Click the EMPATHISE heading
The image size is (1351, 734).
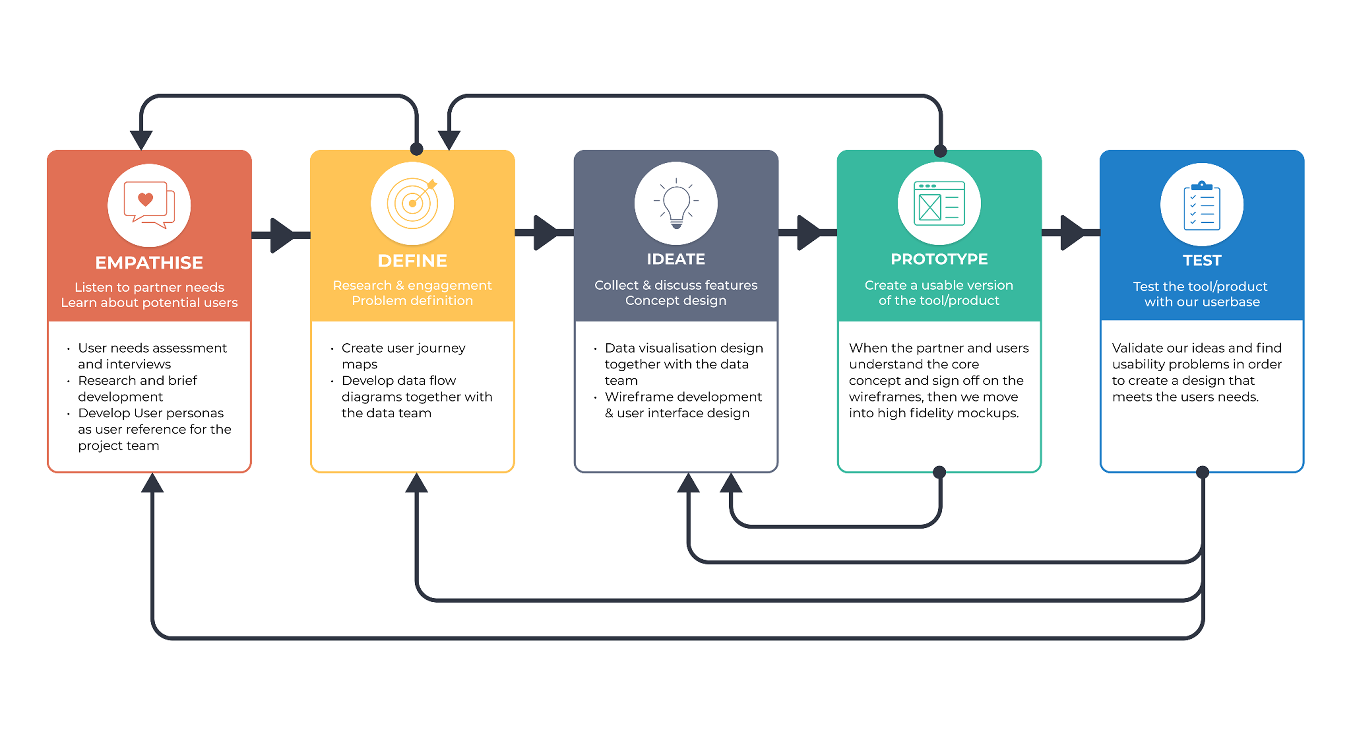[x=149, y=262]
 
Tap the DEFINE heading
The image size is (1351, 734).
[x=412, y=261]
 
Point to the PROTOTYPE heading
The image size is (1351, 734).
[x=939, y=259]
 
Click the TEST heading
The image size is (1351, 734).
[x=1201, y=260]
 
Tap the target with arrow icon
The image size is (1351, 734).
[x=412, y=204]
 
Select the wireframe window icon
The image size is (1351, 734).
[x=939, y=204]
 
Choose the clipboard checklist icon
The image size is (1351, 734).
[x=1201, y=206]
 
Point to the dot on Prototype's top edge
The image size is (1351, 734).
[x=940, y=151]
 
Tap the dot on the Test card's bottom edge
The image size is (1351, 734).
[x=1203, y=472]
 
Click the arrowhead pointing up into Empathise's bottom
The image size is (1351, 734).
[x=152, y=483]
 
